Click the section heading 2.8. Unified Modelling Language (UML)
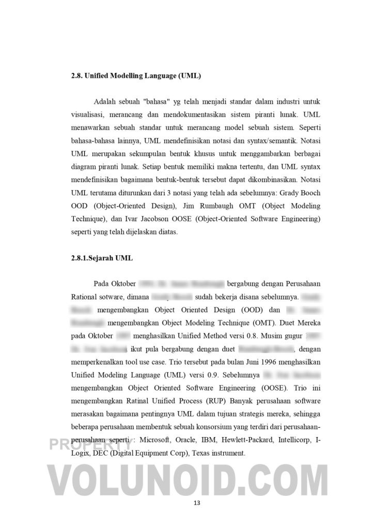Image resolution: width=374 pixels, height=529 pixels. (x=136, y=76)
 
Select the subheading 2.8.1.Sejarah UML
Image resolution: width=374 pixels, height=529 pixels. (x=102, y=258)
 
